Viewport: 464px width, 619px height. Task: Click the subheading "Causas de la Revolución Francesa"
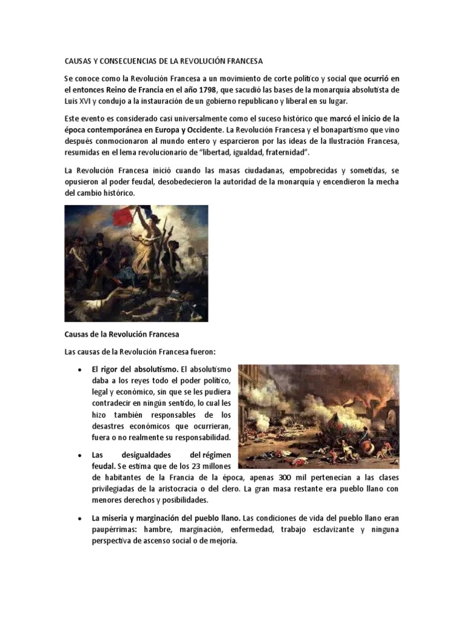(122, 334)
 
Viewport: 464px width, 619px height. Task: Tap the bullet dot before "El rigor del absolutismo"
(80, 369)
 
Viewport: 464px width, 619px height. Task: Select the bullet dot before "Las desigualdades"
(80, 455)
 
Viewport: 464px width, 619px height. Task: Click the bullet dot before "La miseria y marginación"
(80, 519)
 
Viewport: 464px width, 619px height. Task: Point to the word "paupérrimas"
(118, 530)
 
